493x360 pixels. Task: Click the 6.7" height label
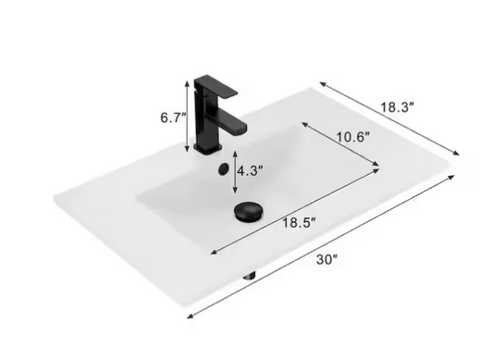[172, 117]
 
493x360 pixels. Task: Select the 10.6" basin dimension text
[352, 137]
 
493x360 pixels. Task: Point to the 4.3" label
[250, 171]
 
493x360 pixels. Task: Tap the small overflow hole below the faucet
[221, 168]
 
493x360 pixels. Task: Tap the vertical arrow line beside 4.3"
[233, 171]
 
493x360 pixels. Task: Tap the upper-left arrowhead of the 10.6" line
[304, 122]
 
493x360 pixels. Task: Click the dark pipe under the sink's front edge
[250, 274]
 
